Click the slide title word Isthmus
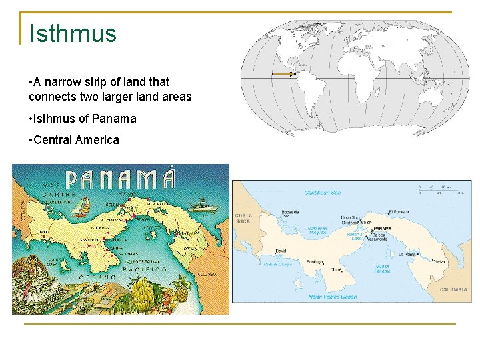click(73, 33)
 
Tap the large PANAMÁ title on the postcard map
click(121, 179)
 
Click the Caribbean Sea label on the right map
click(322, 193)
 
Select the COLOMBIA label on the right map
click(456, 290)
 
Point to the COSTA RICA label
click(242, 218)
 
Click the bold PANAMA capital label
click(383, 228)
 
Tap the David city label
click(281, 251)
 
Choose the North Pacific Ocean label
click(331, 297)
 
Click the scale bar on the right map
click(440, 188)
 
